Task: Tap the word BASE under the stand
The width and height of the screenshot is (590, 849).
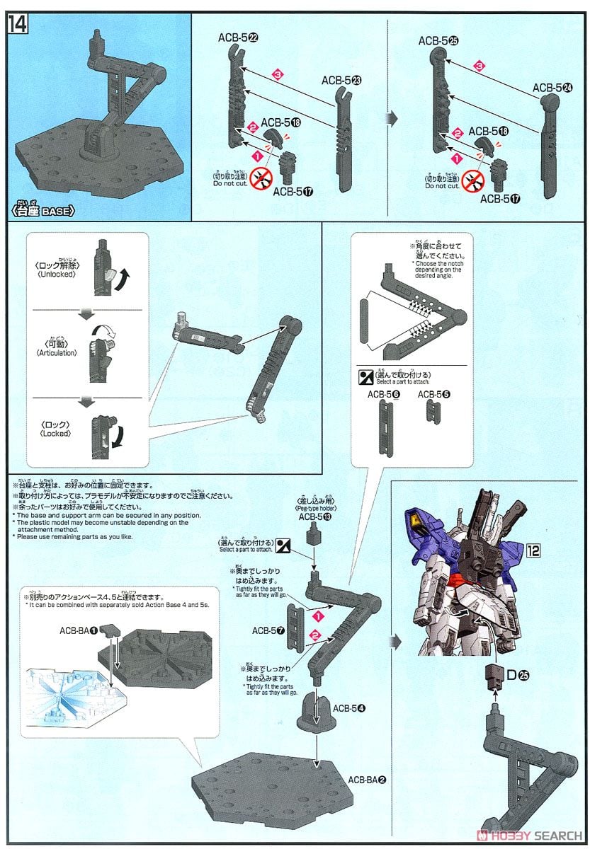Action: point(55,211)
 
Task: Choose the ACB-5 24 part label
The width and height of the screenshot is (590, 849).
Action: point(552,88)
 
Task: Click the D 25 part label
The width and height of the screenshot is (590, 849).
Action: point(519,674)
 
